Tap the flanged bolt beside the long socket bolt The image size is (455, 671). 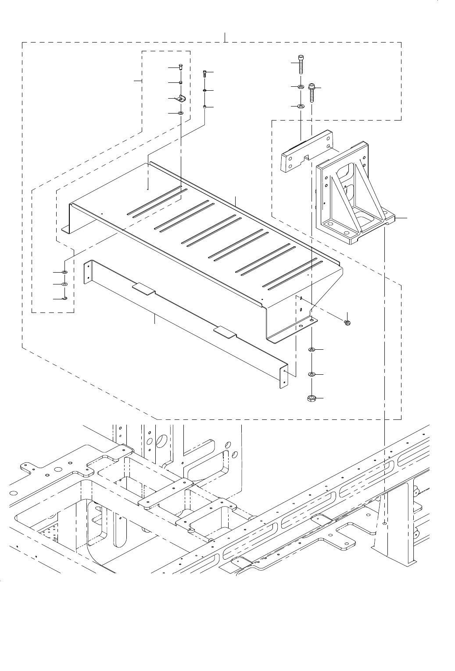pos(312,92)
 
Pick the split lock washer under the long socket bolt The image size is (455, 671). pos(301,87)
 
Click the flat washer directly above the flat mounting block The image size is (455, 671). pos(301,106)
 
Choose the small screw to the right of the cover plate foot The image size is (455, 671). pos(348,323)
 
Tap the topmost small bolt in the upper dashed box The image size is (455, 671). pos(181,67)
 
